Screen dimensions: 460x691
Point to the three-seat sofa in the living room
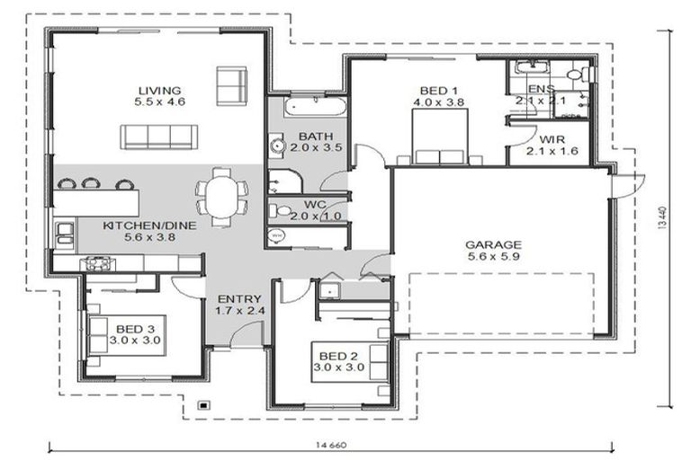(x=159, y=137)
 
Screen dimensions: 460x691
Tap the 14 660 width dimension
(x=329, y=445)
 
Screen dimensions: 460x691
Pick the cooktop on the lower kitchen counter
(x=96, y=263)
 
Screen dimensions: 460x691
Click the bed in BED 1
(x=439, y=141)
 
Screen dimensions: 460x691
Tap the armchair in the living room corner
(x=230, y=85)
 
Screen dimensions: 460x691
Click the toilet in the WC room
(x=282, y=211)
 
